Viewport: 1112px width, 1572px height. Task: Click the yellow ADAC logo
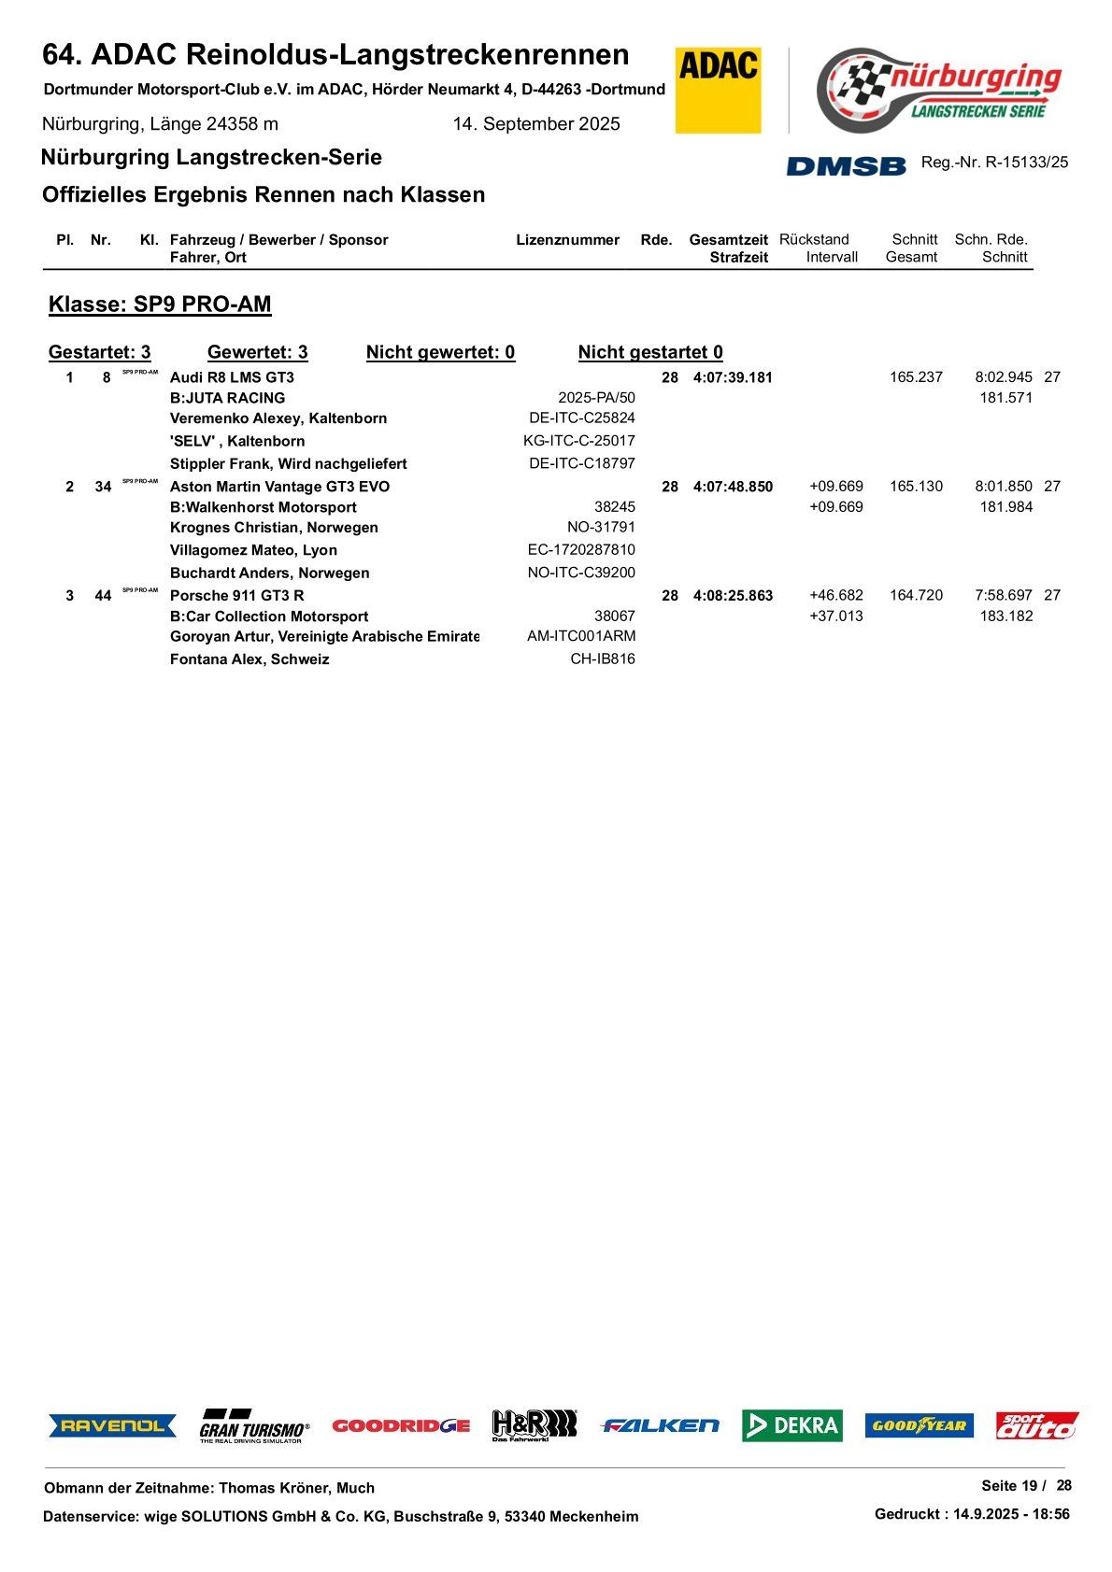[718, 90]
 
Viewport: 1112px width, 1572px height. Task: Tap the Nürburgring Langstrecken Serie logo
[938, 90]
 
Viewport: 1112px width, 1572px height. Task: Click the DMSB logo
[846, 166]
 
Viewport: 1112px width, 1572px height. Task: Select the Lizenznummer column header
[567, 240]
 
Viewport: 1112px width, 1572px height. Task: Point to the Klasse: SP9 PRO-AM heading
[160, 304]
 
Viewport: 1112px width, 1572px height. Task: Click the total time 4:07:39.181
[733, 378]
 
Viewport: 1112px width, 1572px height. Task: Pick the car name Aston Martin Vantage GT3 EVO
[279, 487]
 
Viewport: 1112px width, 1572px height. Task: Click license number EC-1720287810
[580, 550]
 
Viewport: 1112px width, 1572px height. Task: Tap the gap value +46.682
[835, 595]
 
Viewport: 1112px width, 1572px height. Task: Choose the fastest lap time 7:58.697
[1003, 595]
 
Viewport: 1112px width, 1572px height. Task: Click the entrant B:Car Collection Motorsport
[269, 616]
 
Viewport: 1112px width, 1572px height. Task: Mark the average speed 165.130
[916, 487]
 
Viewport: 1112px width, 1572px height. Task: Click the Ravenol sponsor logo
[112, 1425]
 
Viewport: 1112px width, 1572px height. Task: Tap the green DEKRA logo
[791, 1425]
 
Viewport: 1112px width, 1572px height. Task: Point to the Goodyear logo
[919, 1425]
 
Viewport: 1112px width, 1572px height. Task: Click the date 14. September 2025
[536, 124]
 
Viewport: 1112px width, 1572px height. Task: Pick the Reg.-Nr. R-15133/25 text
[994, 163]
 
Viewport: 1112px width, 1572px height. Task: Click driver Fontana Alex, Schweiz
[249, 659]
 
